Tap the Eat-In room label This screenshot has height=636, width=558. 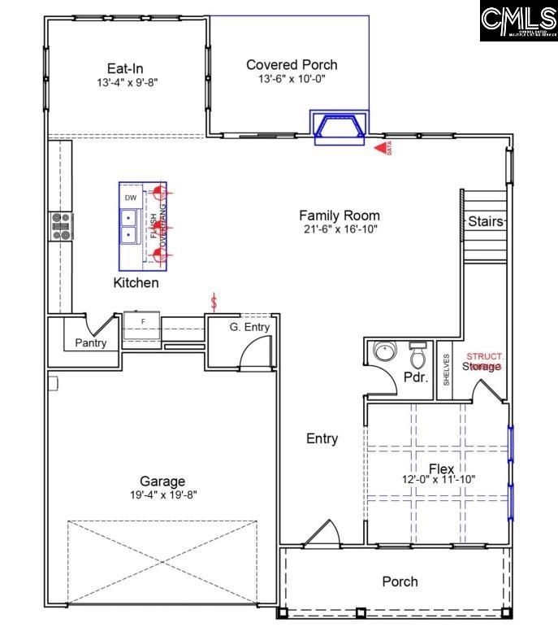coord(125,68)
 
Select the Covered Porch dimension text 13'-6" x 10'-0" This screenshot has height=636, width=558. coord(291,79)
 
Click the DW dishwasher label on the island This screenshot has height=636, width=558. coord(130,198)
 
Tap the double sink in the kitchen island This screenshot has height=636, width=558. coord(129,227)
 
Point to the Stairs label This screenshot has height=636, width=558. coord(486,221)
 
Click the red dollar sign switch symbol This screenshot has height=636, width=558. coord(214,302)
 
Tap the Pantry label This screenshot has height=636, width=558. coord(90,342)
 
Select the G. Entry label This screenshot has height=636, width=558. coord(249,327)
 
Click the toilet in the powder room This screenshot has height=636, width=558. coord(418,355)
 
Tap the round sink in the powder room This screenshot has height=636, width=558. coord(383,352)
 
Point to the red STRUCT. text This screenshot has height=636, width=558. coord(485,356)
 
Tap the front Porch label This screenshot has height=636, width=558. coord(400,581)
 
